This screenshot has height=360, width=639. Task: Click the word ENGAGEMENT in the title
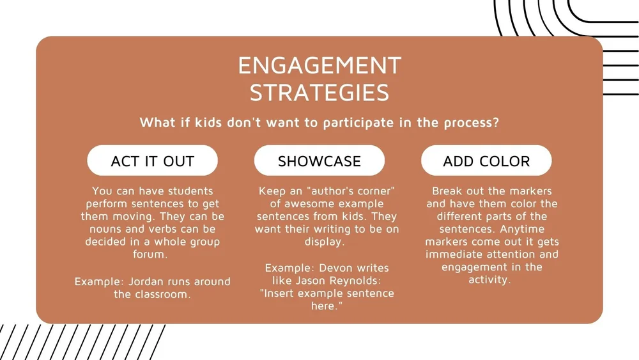(x=319, y=65)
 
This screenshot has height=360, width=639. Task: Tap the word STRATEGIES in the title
(x=319, y=93)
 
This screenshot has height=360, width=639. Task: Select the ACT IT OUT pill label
(x=152, y=161)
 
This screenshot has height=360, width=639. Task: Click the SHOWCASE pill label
(x=319, y=161)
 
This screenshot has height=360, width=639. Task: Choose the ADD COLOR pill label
(x=486, y=161)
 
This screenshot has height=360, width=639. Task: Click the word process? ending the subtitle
(x=470, y=123)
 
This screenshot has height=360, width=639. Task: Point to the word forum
(x=153, y=254)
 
